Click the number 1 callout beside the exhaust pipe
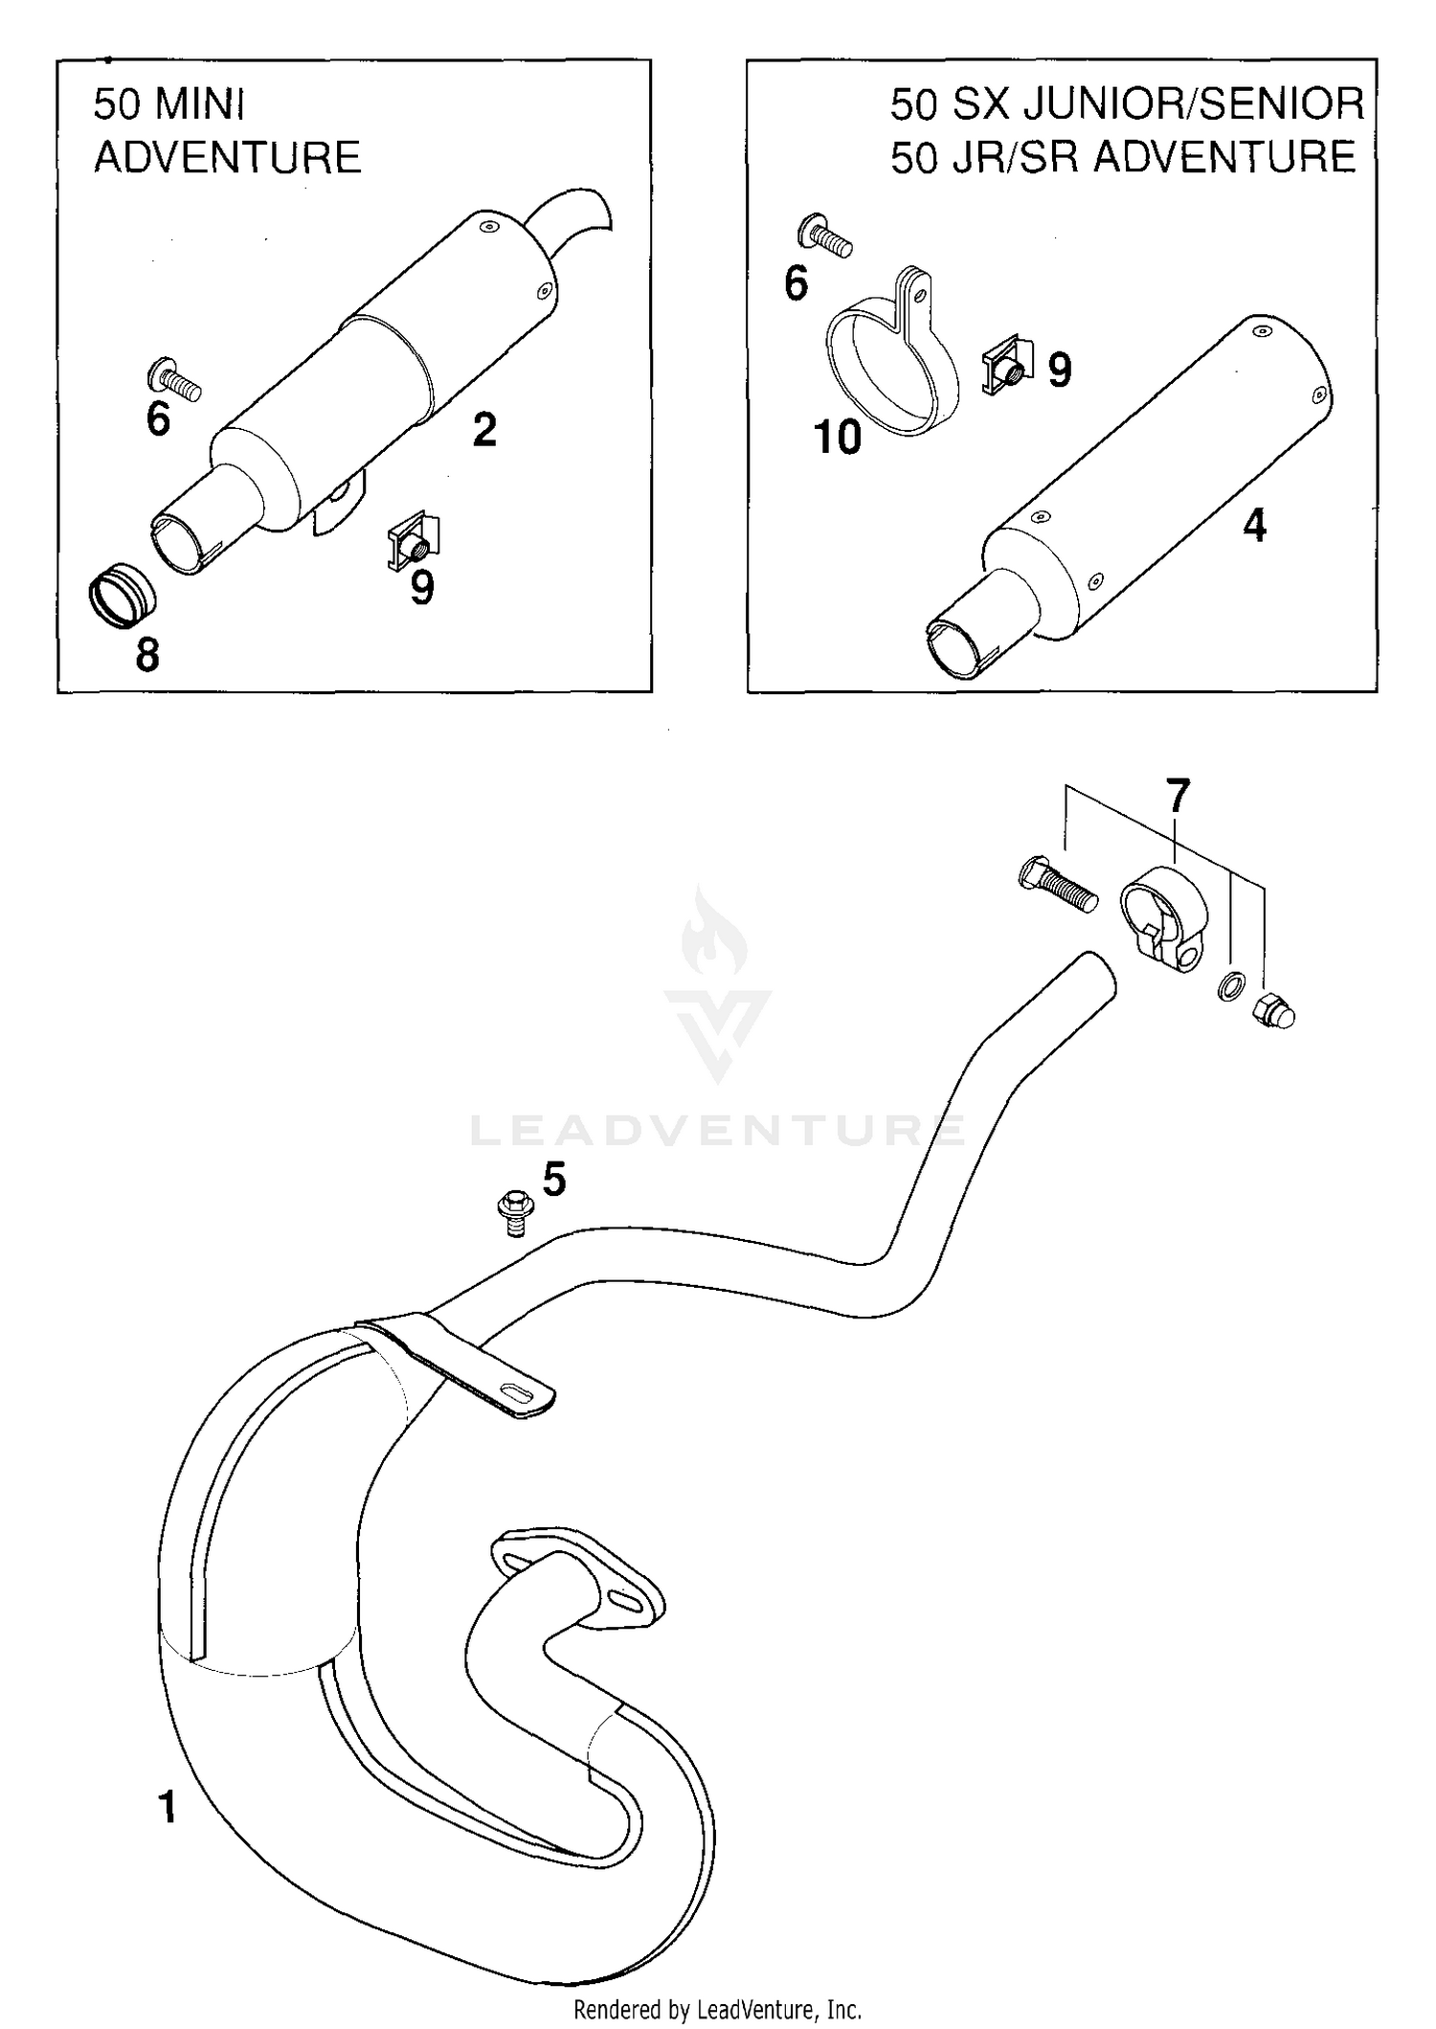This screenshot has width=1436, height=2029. (168, 1807)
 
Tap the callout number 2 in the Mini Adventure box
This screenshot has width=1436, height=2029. (484, 431)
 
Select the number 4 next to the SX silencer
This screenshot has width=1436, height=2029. (1254, 526)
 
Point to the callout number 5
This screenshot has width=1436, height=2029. (554, 1180)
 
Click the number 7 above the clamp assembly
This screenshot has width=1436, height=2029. (1178, 797)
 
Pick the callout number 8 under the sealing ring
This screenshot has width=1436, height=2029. (147, 656)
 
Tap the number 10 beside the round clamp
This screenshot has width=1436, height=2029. (838, 438)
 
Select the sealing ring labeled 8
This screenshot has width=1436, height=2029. (120, 598)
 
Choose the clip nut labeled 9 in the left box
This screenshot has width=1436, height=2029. (414, 543)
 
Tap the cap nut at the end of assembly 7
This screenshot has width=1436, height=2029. (1274, 1010)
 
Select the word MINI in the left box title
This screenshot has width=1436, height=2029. (199, 103)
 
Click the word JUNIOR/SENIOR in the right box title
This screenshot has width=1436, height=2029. (1195, 103)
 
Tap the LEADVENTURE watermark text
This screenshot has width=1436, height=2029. (718, 1130)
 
